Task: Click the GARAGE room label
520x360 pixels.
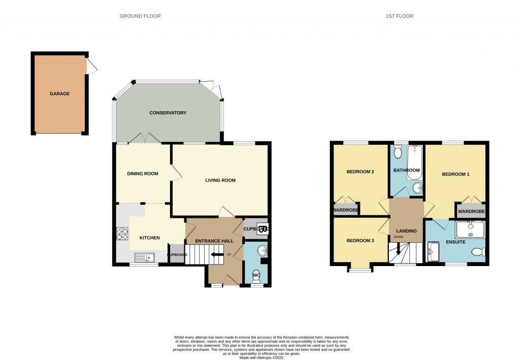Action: pyautogui.click(x=59, y=94)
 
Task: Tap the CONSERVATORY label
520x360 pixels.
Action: pyautogui.click(x=168, y=113)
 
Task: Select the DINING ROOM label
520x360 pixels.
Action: pyautogui.click(x=142, y=174)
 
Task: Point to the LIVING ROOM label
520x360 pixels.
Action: pyautogui.click(x=220, y=180)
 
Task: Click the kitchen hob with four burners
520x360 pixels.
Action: pyautogui.click(x=122, y=234)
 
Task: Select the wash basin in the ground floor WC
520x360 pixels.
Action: pyautogui.click(x=261, y=250)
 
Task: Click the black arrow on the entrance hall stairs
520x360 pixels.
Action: pyautogui.click(x=217, y=254)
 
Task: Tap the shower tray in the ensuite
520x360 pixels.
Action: pyautogui.click(x=470, y=230)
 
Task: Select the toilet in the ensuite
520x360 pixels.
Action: pyautogui.click(x=478, y=252)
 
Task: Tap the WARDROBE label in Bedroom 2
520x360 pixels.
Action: pyautogui.click(x=345, y=210)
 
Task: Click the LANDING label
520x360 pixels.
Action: pyautogui.click(x=406, y=231)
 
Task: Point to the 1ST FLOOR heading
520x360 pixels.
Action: pyautogui.click(x=399, y=16)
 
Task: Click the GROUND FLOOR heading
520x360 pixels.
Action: pyautogui.click(x=140, y=16)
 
